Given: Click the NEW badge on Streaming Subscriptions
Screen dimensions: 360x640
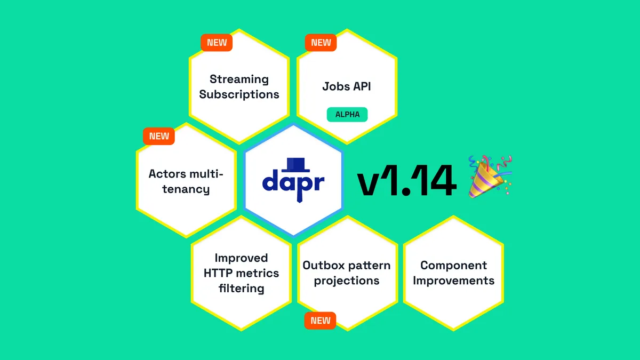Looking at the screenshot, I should tap(217, 43).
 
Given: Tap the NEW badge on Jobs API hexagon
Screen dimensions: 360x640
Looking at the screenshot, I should tap(321, 43).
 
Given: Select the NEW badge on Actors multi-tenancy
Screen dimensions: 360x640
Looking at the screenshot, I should tap(159, 136).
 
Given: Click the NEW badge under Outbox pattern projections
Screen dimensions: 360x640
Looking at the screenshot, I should tap(321, 321).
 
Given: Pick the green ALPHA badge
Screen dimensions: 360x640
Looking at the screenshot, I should tap(347, 114).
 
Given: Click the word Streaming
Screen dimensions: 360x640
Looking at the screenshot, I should tap(239, 79).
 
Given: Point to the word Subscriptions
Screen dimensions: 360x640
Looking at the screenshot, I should tap(239, 94).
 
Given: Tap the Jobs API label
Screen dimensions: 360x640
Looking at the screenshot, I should tap(347, 86).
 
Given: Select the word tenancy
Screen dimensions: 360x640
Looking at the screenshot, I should tap(186, 189).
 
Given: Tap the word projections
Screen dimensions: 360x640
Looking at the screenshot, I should tap(347, 281).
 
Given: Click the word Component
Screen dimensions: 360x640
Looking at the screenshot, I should tap(453, 265).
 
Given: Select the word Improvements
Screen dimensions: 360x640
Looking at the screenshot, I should tap(453, 281).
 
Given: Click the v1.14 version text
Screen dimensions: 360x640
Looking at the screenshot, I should tap(406, 182).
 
